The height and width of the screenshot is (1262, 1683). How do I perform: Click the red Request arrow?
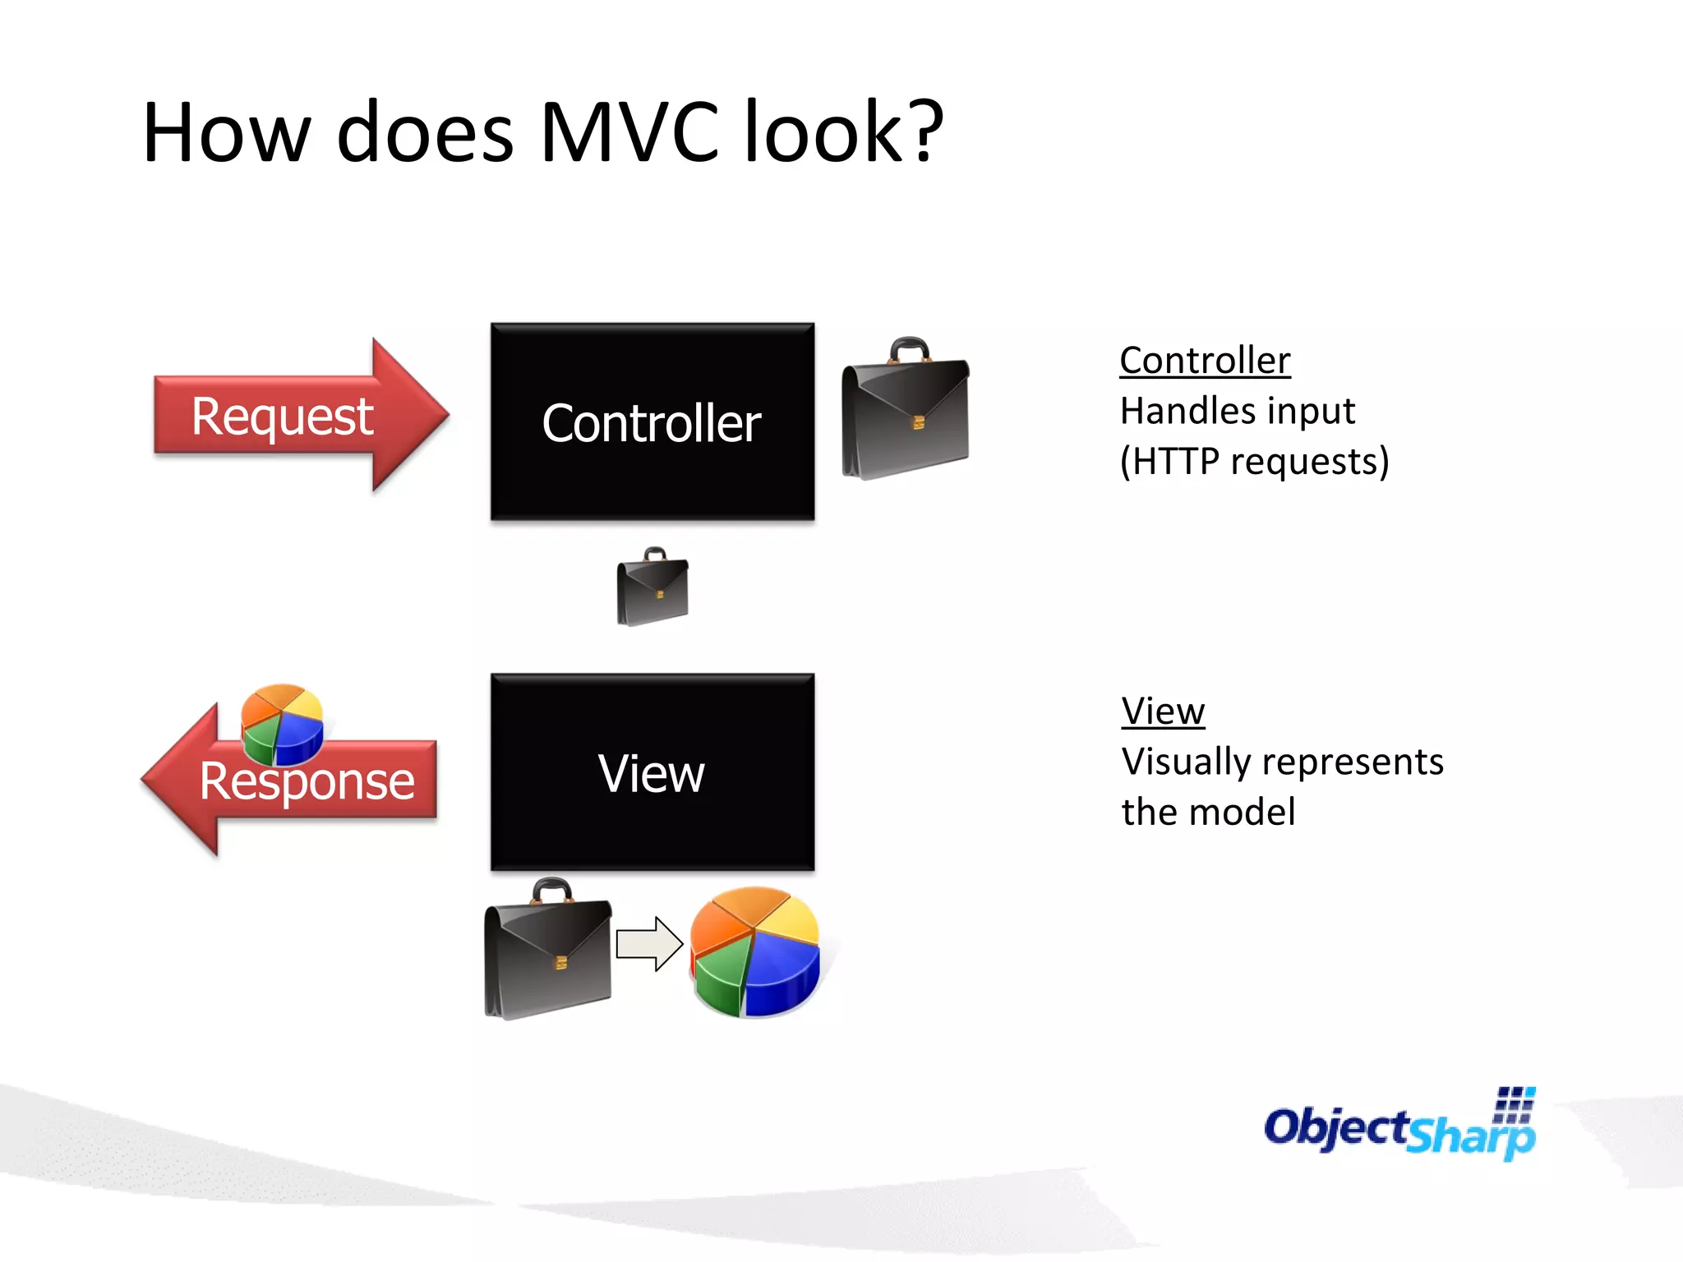(x=296, y=416)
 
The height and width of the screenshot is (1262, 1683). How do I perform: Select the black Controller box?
(x=652, y=421)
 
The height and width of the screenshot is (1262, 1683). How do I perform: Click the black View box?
(x=652, y=772)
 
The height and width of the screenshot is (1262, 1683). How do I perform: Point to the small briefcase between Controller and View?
(x=652, y=588)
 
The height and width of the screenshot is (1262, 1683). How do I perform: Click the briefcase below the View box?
(x=547, y=953)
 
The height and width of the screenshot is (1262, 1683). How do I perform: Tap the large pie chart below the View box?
(x=754, y=953)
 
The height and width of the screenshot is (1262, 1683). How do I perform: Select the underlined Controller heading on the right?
(x=1205, y=361)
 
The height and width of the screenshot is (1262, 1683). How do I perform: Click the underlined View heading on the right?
(x=1163, y=712)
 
